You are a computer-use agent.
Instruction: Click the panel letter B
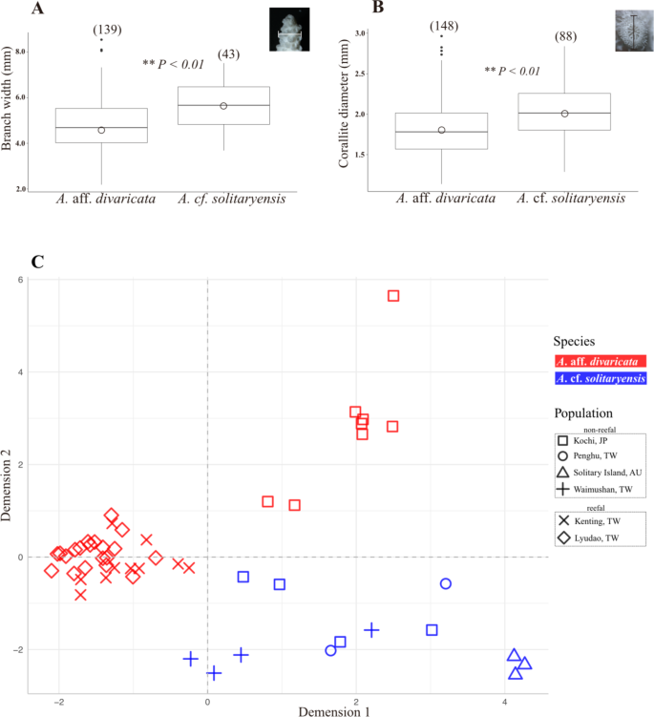click(350, 10)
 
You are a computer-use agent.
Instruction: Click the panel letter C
click(37, 261)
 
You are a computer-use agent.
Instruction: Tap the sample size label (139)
click(107, 31)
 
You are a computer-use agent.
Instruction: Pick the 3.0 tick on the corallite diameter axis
click(359, 32)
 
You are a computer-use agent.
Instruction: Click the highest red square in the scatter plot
click(392, 296)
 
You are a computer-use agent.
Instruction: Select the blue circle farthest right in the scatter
click(446, 583)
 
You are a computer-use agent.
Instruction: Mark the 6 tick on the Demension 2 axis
click(18, 279)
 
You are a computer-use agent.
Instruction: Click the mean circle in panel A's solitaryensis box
click(223, 106)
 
